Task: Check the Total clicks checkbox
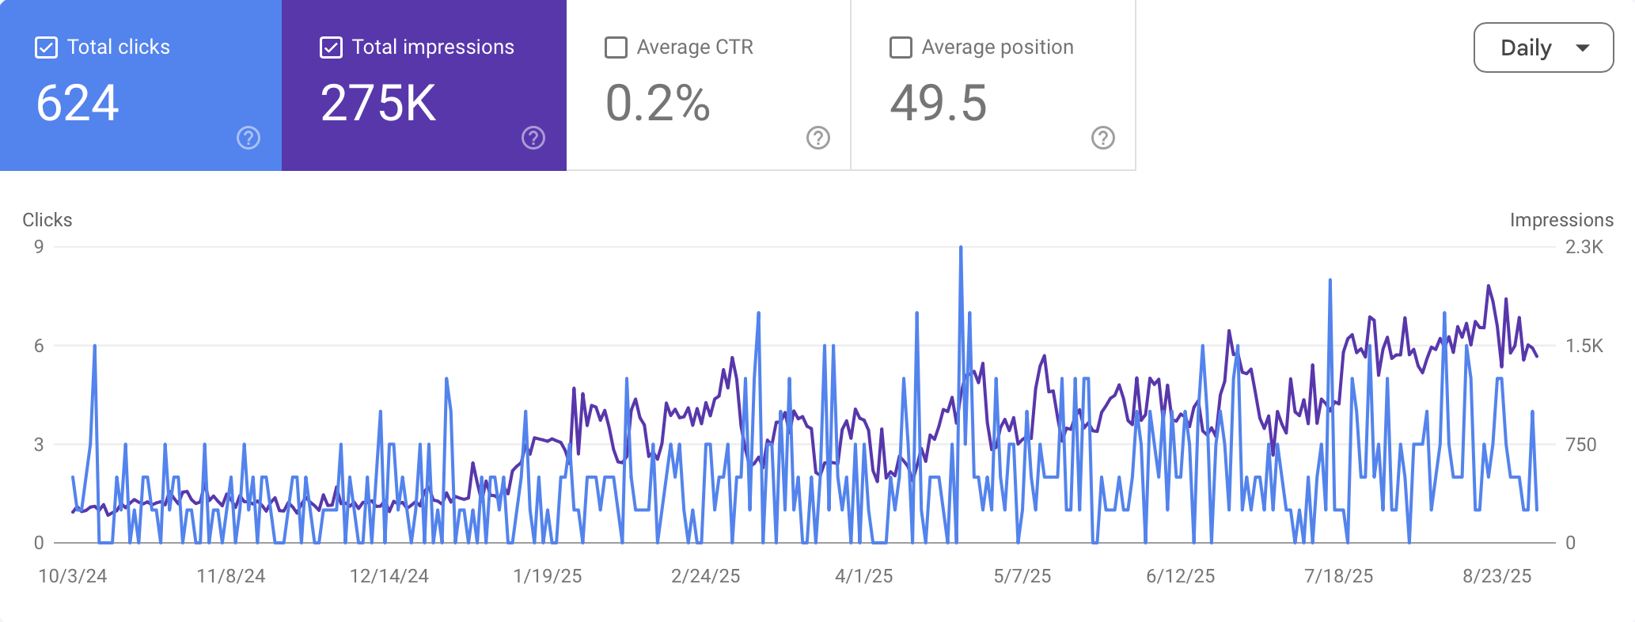pyautogui.click(x=47, y=47)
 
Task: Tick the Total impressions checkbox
pyautogui.click(x=331, y=47)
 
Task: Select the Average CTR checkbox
pyautogui.click(x=616, y=47)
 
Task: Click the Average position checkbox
pyautogui.click(x=901, y=47)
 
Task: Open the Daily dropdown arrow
pyautogui.click(x=1583, y=48)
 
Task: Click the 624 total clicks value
pyautogui.click(x=78, y=104)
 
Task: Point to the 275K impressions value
pyautogui.click(x=378, y=104)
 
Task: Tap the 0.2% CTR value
pyautogui.click(x=658, y=104)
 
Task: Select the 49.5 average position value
pyautogui.click(x=939, y=104)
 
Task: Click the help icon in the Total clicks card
pyautogui.click(x=248, y=138)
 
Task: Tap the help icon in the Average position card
pyautogui.click(x=1103, y=138)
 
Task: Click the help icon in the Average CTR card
pyautogui.click(x=818, y=138)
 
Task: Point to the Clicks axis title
pyautogui.click(x=47, y=220)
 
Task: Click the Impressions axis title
pyautogui.click(x=1561, y=220)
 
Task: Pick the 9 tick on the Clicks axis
pyautogui.click(x=39, y=247)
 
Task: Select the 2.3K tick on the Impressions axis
pyautogui.click(x=1584, y=247)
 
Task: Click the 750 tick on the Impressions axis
pyautogui.click(x=1581, y=445)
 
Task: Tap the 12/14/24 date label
pyautogui.click(x=389, y=576)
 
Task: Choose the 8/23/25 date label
pyautogui.click(x=1497, y=576)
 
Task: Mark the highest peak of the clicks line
pyautogui.click(x=961, y=248)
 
